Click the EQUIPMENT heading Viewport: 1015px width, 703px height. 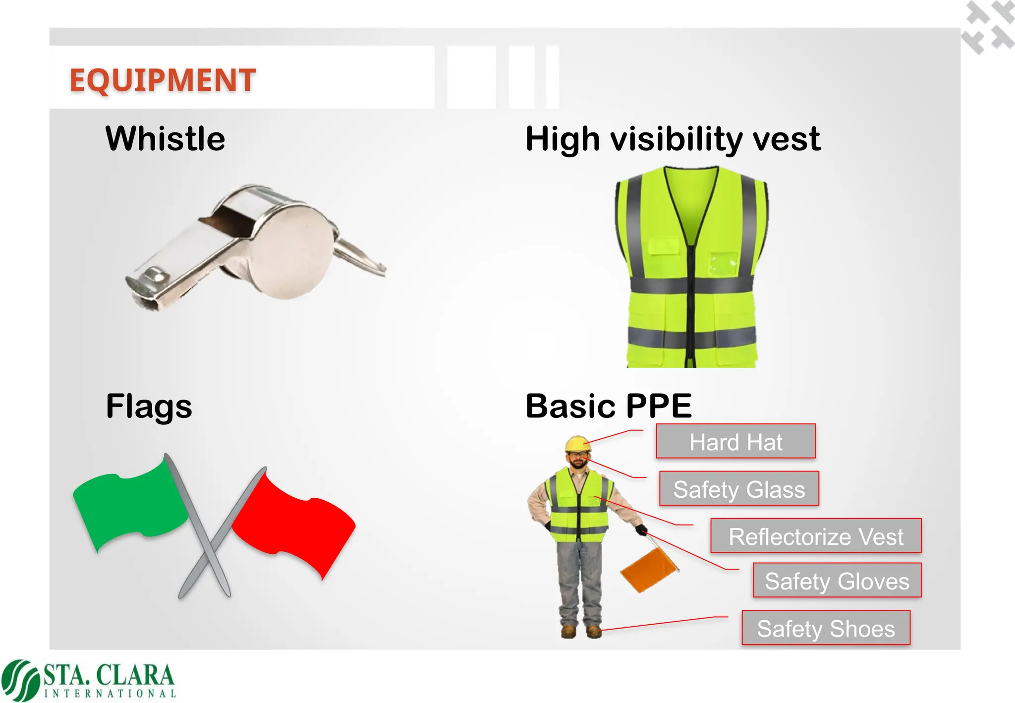click(x=163, y=80)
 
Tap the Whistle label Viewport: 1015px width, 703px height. click(x=166, y=138)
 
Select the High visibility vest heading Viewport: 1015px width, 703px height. click(x=673, y=139)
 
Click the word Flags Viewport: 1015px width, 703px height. click(x=149, y=407)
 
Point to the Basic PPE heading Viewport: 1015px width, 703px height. click(x=609, y=406)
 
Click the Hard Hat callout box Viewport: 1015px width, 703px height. click(x=735, y=441)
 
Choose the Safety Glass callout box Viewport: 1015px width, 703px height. click(x=738, y=489)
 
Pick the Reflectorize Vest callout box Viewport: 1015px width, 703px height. click(x=816, y=536)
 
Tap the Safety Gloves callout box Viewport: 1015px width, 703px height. click(x=837, y=581)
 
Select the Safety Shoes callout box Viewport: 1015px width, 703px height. click(x=826, y=628)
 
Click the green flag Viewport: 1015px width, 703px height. click(x=130, y=506)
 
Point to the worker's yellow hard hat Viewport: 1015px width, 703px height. click(x=578, y=443)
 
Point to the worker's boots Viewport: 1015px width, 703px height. click(x=581, y=631)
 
